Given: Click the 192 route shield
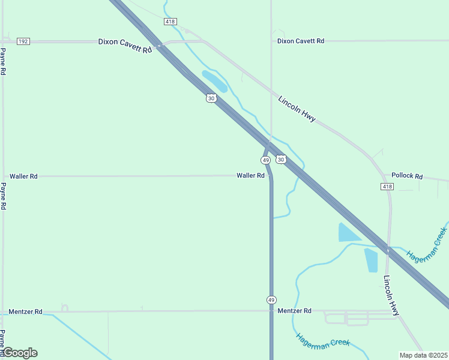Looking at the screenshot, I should [23, 41].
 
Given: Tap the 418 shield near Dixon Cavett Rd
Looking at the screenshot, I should [170, 22].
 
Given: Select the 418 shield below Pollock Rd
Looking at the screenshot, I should [387, 187].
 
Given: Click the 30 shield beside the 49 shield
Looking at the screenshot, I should [281, 160].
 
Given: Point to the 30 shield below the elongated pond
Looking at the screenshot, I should [211, 98].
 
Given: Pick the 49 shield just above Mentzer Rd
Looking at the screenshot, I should [271, 299].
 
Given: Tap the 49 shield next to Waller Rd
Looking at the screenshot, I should [265, 160].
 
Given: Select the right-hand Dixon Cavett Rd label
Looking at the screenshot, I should [301, 41].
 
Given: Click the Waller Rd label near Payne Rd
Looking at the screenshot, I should [23, 176].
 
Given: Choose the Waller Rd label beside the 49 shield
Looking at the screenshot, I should [250, 176].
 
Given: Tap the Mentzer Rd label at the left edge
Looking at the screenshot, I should [26, 312].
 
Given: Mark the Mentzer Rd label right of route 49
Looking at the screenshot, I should [295, 311].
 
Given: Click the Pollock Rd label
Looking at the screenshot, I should [407, 176].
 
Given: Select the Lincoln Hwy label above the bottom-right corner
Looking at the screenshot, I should [391, 295].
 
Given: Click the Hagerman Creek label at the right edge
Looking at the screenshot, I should [427, 244].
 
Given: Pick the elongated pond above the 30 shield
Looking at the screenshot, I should [214, 81].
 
